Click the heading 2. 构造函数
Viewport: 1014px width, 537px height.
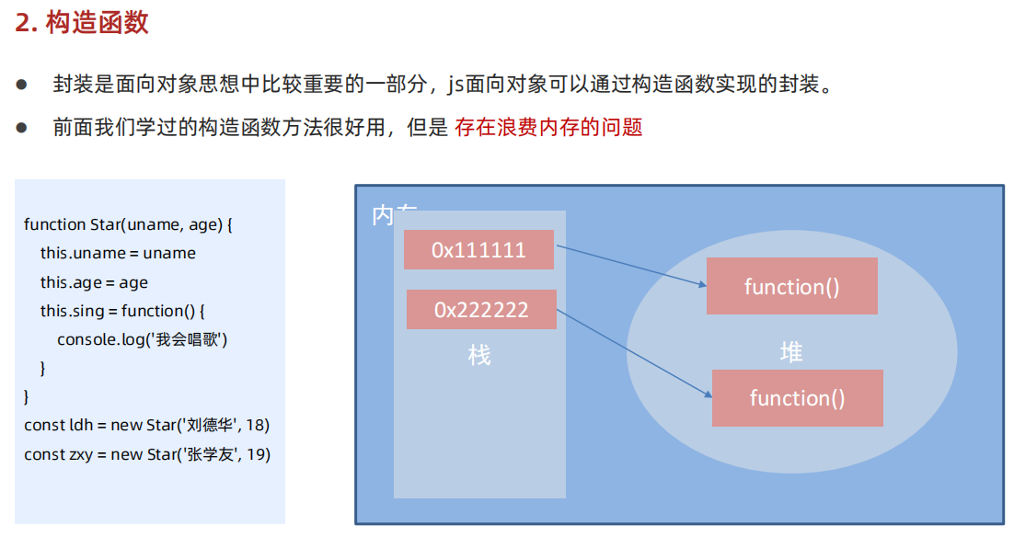coord(82,23)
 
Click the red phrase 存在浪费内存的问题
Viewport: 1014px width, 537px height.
coord(548,127)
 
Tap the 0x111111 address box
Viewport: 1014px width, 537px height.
coord(478,250)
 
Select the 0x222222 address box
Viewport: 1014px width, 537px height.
coord(481,310)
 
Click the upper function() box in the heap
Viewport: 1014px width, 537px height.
coord(791,286)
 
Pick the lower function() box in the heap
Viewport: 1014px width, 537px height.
coord(797,398)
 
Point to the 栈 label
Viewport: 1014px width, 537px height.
coord(479,355)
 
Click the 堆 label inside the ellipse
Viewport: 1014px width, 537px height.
coord(790,351)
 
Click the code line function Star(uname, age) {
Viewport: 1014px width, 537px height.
coord(129,224)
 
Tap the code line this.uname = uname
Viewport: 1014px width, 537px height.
coord(118,253)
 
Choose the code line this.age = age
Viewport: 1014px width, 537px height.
coord(94,282)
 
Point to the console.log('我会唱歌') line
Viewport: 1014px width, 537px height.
coord(142,339)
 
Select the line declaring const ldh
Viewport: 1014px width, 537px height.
coord(146,425)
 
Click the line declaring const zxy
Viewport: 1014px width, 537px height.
coord(147,454)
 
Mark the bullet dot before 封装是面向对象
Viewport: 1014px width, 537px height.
coord(21,85)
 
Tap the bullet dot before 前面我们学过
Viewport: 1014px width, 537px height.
coord(21,127)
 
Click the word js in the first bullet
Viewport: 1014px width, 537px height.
coord(456,85)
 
